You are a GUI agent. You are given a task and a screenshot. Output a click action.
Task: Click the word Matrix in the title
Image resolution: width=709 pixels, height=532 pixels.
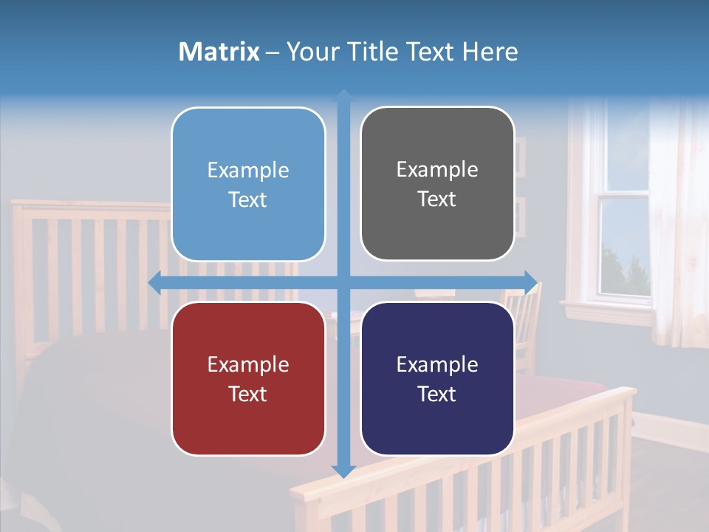tap(219, 52)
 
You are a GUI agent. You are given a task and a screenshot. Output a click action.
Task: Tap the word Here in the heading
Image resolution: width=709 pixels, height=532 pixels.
tap(490, 52)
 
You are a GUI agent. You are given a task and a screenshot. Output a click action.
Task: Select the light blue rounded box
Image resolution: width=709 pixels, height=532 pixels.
tap(248, 185)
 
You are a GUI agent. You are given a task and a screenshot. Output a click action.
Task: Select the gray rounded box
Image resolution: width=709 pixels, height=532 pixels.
tap(437, 184)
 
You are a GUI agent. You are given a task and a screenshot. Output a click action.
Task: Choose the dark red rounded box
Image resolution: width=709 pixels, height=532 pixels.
tap(248, 378)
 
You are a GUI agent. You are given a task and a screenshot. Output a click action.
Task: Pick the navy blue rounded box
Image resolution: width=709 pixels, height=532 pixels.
tap(437, 378)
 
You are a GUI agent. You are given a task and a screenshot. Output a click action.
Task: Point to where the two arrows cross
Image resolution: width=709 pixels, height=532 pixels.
tap(343, 282)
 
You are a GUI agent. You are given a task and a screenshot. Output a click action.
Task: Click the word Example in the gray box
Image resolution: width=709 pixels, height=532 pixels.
tap(437, 169)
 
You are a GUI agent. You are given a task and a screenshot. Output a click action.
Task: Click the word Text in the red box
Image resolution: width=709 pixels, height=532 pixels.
tap(248, 394)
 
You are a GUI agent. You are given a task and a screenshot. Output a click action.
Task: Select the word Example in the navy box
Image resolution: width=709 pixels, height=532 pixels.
tap(437, 364)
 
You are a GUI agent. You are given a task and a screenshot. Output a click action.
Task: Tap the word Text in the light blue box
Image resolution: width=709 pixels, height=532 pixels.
tap(248, 199)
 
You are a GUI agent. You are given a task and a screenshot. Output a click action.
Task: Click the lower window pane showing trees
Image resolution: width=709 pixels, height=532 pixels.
tap(624, 248)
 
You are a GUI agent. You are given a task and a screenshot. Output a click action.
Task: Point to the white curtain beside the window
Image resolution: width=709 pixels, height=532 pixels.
tap(676, 222)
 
